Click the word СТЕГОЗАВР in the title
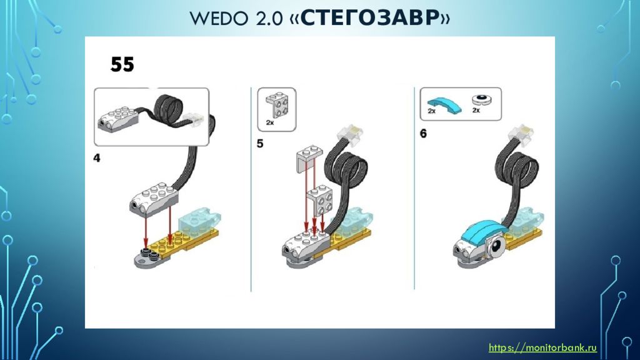point(371,18)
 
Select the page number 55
point(122,64)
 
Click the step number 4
point(97,158)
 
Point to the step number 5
point(260,144)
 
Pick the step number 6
point(423,134)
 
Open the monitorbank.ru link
point(543,347)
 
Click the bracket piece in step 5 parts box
point(277,105)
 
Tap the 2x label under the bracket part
point(270,122)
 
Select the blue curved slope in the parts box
point(445,104)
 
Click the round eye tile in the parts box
point(482,99)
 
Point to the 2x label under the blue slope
point(431,111)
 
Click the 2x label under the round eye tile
point(476,110)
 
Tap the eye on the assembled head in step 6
point(496,246)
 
